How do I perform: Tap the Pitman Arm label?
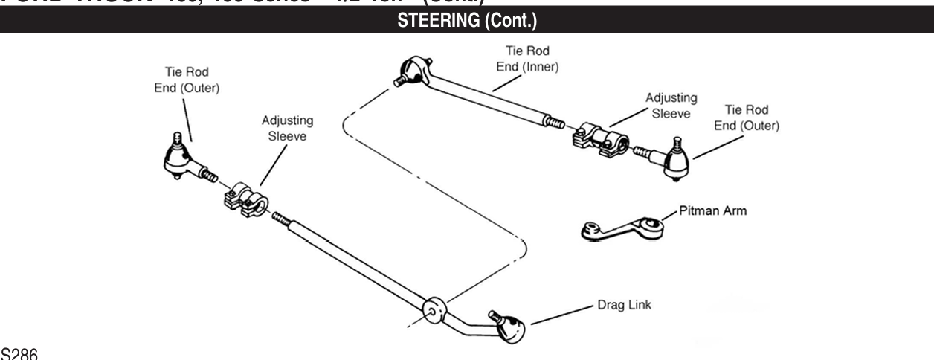click(x=712, y=211)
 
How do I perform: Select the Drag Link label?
click(x=625, y=305)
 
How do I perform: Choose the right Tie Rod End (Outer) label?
click(x=747, y=118)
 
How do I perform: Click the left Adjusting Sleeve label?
click(x=287, y=129)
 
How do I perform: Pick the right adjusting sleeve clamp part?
click(x=600, y=138)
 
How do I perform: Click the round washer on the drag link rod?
click(x=431, y=309)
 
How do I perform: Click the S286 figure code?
click(x=16, y=353)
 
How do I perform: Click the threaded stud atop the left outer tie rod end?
click(x=178, y=137)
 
